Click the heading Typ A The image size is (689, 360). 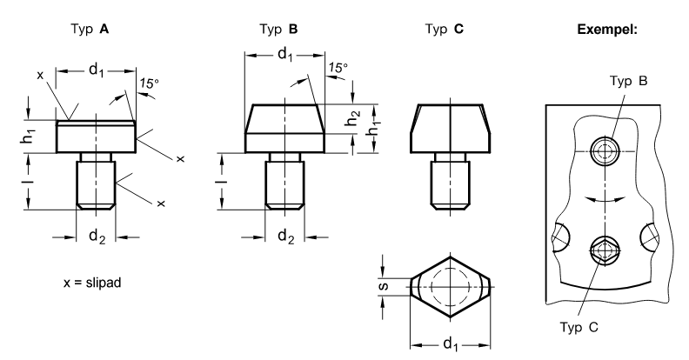pyautogui.click(x=90, y=30)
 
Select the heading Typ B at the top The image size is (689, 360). pyautogui.click(x=278, y=30)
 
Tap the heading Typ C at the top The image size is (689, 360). pyautogui.click(x=445, y=30)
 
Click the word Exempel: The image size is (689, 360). pyautogui.click(x=607, y=30)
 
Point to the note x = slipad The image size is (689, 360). pyautogui.click(x=92, y=283)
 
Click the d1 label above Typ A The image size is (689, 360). pyautogui.click(x=97, y=70)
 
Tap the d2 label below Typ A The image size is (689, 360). pyautogui.click(x=97, y=237)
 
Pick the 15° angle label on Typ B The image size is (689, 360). pyautogui.click(x=338, y=68)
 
